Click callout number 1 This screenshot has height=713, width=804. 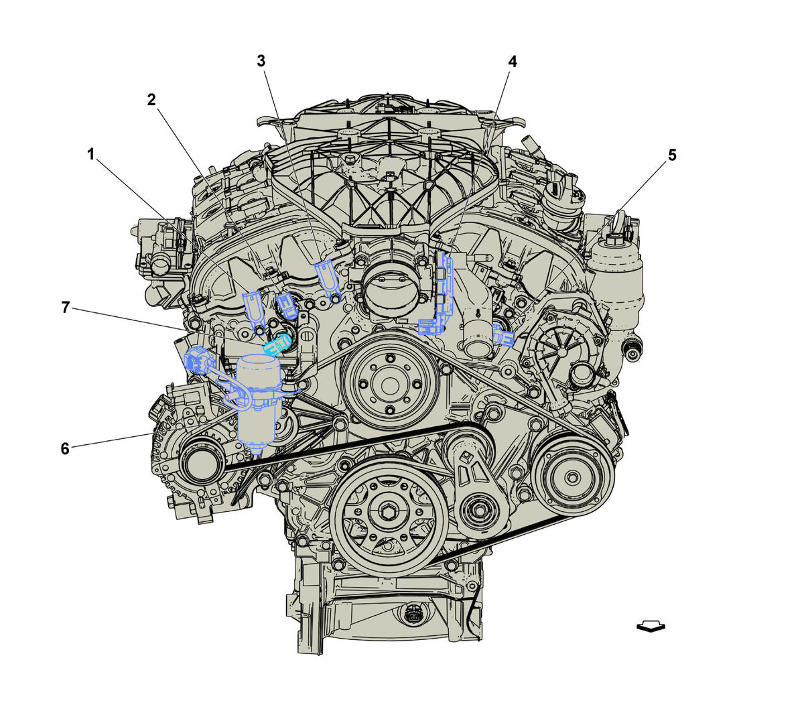tap(91, 154)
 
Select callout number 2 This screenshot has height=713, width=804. tap(151, 100)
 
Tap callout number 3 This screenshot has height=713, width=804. tap(261, 61)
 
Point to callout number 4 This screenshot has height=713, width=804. tap(513, 62)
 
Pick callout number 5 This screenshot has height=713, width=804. tap(672, 155)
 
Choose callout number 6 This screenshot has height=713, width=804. tap(65, 448)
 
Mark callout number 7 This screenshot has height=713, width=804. tap(66, 308)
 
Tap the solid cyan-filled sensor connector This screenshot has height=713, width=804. tap(277, 344)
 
